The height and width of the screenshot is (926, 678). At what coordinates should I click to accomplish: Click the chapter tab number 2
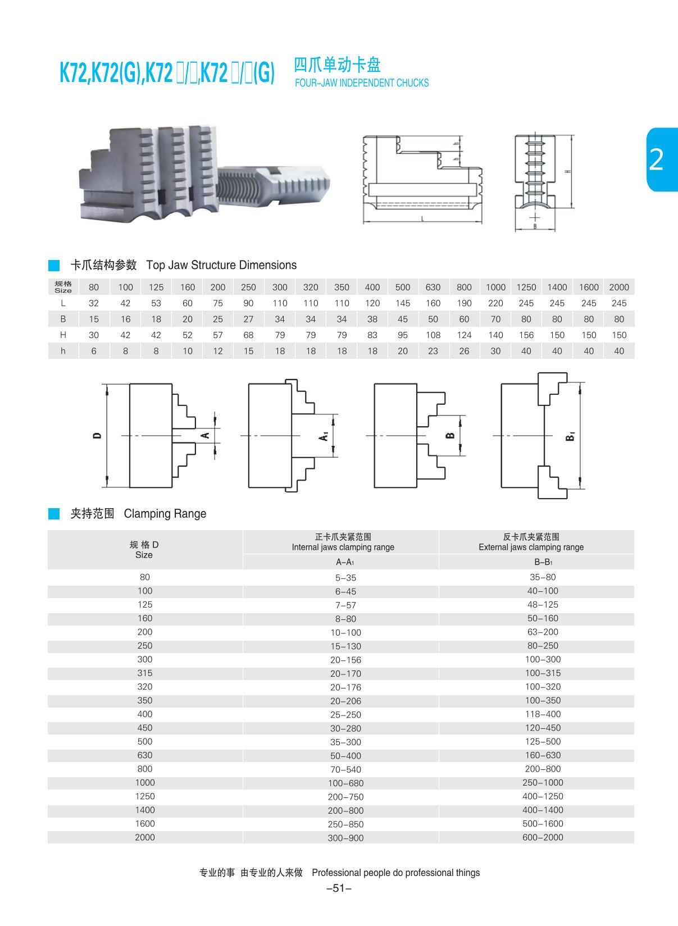pos(656,160)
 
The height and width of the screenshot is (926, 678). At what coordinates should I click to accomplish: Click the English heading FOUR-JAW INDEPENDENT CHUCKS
pos(361,83)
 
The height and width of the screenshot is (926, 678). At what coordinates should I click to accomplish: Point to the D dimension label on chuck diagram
pos(97,435)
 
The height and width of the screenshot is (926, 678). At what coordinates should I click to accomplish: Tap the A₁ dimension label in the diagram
pos(324,436)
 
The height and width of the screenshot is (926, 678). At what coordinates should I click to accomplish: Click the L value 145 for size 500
pos(402,303)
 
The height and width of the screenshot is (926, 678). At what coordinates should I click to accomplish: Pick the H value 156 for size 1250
pos(526,335)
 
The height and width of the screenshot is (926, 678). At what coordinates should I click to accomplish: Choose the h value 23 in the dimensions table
pos(433,351)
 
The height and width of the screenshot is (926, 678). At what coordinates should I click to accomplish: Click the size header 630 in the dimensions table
pos(433,287)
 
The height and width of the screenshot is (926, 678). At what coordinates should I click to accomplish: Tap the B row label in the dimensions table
pos(63,319)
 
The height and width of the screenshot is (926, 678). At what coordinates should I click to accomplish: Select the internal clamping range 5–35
pos(346,578)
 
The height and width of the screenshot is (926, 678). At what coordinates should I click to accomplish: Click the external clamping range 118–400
pos(543,714)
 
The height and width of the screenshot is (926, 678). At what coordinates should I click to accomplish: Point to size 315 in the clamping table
pos(145,673)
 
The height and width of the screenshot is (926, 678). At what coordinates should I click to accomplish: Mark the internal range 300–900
pos(346,838)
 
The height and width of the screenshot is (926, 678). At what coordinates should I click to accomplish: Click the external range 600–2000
pos(543,837)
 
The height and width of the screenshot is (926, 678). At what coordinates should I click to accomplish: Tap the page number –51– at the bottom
pos(339,888)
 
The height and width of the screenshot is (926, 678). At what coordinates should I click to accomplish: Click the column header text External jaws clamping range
pos(531,547)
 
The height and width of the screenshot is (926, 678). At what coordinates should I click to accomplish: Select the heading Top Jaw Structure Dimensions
pos(221,265)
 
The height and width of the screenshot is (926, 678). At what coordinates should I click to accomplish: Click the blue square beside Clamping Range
pos(54,513)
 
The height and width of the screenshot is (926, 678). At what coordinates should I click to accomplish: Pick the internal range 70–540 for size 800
pos(346,770)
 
